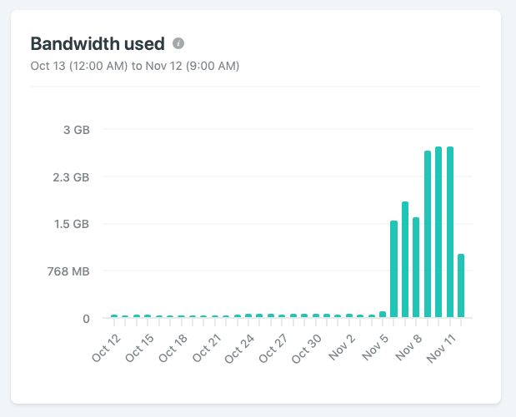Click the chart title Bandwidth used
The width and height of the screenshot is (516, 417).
97,44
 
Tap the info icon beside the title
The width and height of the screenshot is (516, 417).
178,43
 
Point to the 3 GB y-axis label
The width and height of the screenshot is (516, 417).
76,130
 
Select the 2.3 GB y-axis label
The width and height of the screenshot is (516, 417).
71,177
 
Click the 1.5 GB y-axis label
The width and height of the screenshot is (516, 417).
71,224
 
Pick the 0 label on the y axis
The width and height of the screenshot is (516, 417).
85,318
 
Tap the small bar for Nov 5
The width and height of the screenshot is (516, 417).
383,315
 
